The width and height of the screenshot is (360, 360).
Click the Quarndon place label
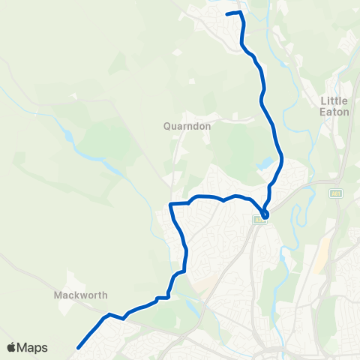(187, 127)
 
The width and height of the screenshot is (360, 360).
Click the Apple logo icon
(12, 347)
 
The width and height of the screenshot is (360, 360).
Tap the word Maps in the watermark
(33, 347)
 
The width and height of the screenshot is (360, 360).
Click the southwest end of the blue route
(77, 347)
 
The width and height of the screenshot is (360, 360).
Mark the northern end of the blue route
(227, 14)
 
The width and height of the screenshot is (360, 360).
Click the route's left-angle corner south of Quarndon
(172, 203)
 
